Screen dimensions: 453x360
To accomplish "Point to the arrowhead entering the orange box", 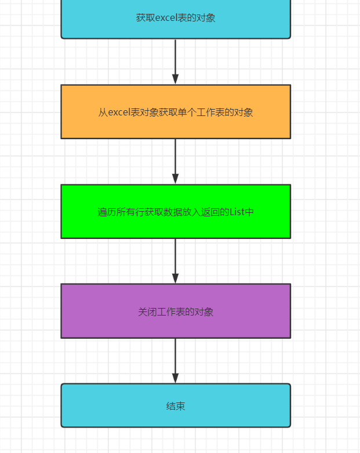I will click(176, 79).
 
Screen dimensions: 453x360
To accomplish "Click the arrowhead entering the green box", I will click(176, 179).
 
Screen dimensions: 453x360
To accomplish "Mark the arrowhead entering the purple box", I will click(176, 278).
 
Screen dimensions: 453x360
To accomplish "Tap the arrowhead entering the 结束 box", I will click(176, 378).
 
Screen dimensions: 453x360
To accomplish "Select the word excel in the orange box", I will click(120, 113).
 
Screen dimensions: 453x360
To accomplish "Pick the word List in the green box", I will click(237, 212).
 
